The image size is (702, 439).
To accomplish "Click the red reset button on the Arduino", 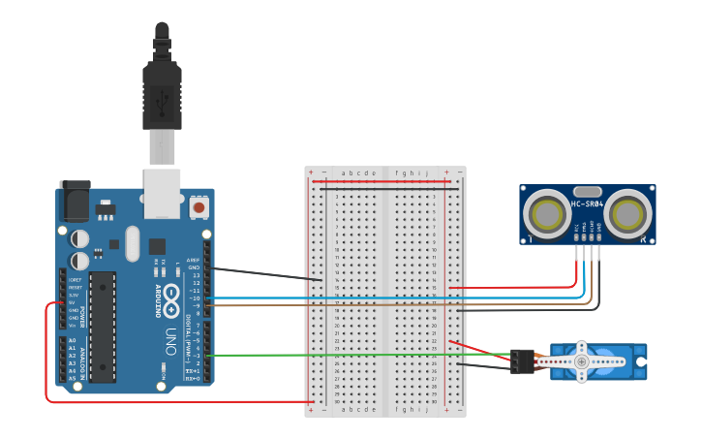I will click(x=198, y=206).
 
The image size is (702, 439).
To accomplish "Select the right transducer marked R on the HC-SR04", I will click(x=630, y=212).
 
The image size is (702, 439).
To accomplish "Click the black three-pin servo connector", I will click(x=522, y=361).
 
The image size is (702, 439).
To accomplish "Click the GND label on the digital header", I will click(x=195, y=267).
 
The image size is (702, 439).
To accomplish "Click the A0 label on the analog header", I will click(x=72, y=341).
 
